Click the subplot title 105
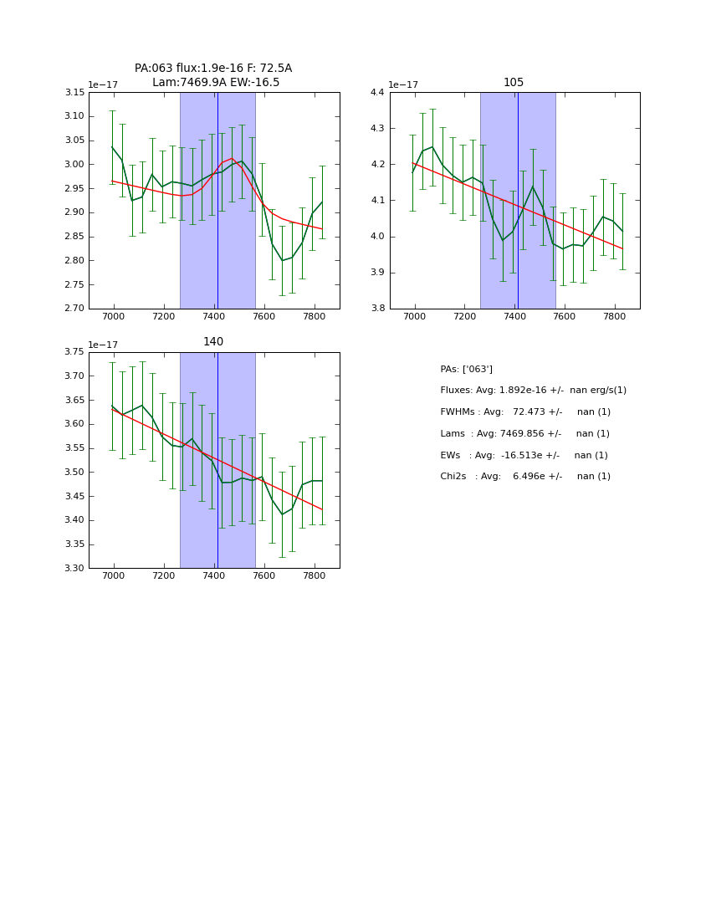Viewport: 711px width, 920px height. coord(514,82)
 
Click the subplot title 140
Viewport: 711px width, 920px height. coord(213,341)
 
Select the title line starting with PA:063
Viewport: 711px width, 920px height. coord(213,69)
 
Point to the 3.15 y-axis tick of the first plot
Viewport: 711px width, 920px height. coord(75,92)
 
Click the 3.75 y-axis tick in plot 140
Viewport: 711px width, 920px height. coord(75,352)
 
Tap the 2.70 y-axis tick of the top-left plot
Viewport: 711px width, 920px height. coord(75,309)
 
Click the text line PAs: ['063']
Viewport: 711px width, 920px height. coord(466,369)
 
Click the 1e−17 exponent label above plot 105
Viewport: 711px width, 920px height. coord(403,84)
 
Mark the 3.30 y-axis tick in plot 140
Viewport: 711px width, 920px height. coord(75,569)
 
